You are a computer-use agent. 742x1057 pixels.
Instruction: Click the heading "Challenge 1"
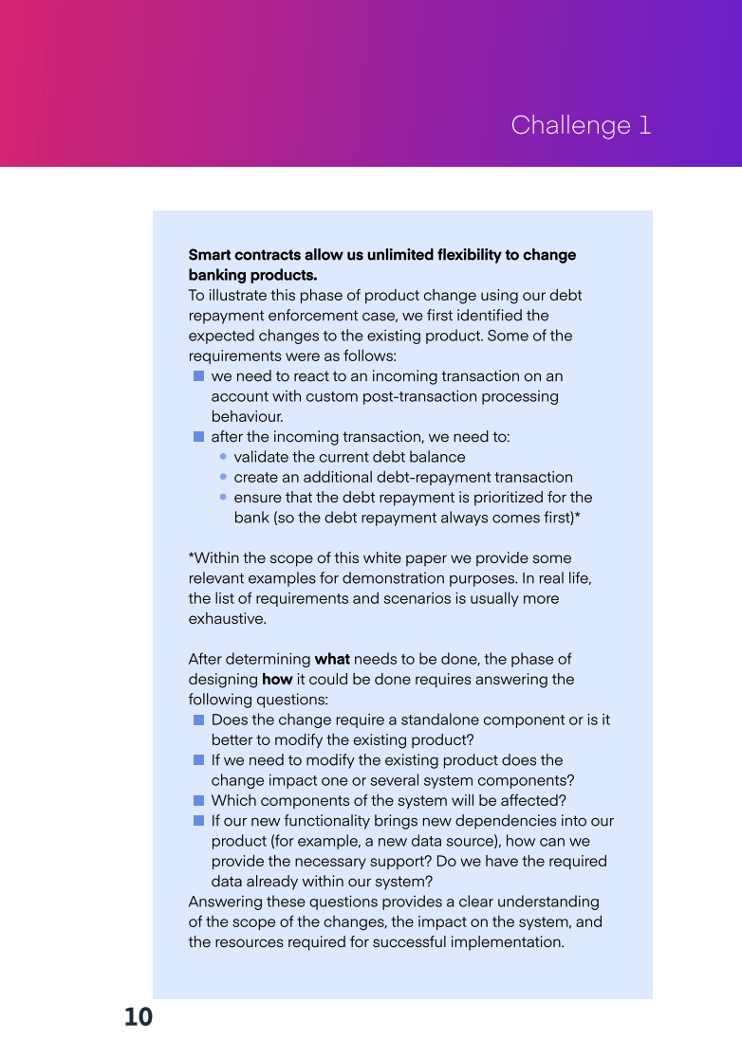(581, 125)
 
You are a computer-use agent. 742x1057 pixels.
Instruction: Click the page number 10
(138, 1017)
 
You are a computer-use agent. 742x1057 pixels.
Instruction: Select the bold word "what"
(332, 659)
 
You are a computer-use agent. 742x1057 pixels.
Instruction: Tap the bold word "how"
(277, 680)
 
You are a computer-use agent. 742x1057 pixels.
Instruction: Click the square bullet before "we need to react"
(198, 376)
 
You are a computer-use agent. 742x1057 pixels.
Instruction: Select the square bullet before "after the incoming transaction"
(198, 437)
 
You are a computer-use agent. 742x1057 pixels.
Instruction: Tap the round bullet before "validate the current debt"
(222, 457)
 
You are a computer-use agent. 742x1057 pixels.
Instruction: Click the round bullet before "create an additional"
(222, 477)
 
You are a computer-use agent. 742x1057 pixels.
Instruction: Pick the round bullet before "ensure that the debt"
(222, 497)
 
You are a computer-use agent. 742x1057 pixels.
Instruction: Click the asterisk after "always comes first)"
(578, 517)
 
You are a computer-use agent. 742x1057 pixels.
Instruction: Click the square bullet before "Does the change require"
(198, 720)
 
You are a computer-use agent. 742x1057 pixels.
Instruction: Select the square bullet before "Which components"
(198, 800)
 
